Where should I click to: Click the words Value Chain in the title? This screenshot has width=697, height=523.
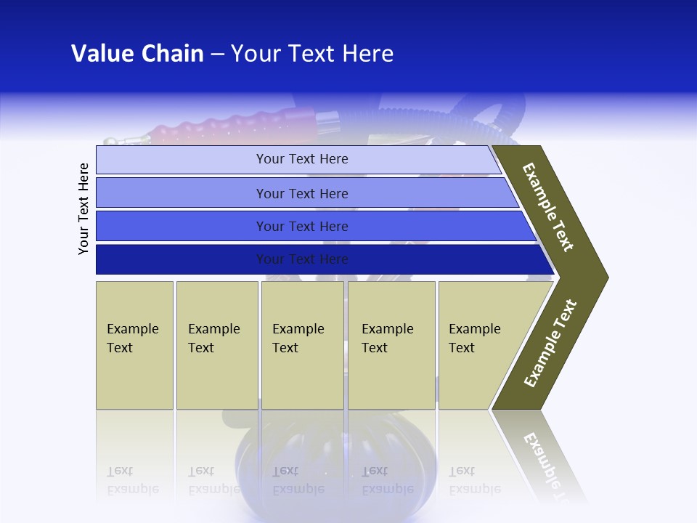137,54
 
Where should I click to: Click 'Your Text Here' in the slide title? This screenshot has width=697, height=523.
312,54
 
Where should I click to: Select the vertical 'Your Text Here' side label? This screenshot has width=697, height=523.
83,208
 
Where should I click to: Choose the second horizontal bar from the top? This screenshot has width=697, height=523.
301,193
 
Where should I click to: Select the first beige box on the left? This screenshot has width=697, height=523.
134,344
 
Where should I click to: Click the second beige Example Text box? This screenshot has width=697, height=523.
216,344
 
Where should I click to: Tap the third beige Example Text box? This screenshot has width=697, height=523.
302,344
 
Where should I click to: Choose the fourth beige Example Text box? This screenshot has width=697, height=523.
391,344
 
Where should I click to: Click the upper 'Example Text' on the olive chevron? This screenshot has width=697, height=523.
548,207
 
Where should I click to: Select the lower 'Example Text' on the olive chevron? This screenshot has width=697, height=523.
550,344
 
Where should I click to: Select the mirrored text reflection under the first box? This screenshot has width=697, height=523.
133,480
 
